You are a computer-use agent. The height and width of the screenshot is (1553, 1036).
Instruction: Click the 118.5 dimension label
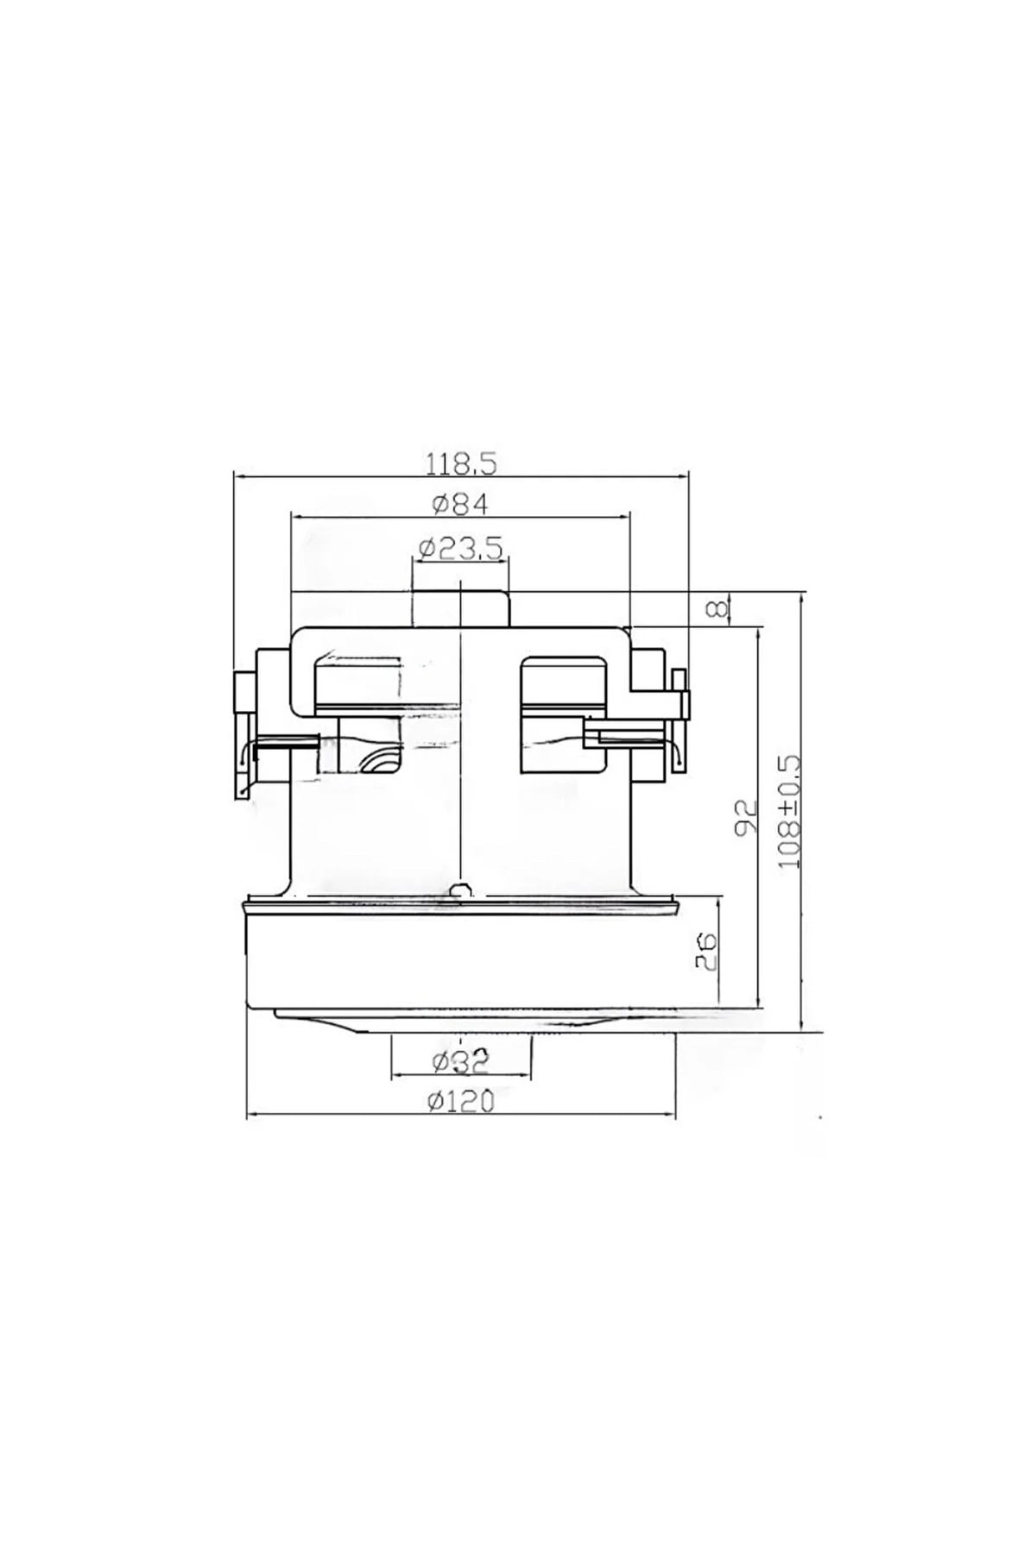461,464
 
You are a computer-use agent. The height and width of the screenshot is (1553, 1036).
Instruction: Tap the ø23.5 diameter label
461,549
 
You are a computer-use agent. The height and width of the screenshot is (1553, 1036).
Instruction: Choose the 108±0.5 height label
790,812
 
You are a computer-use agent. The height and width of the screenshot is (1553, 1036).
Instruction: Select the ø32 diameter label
460,1061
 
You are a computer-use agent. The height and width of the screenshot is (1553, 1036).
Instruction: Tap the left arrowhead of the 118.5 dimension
241,475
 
